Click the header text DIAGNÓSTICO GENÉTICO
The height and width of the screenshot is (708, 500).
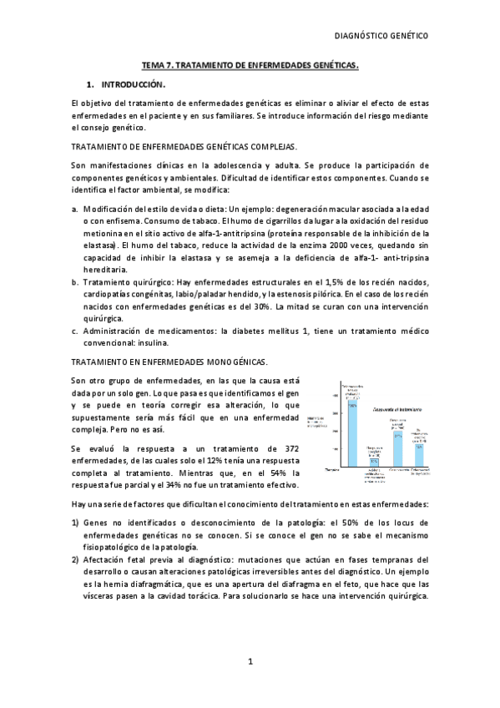pos(381,36)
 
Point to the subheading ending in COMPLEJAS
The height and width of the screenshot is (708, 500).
pos(184,146)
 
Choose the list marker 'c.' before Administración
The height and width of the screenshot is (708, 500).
pos(75,330)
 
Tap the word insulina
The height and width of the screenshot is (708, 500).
pos(154,341)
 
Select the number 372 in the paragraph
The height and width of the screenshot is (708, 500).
pos(285,448)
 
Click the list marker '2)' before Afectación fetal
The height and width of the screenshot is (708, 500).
pos(76,559)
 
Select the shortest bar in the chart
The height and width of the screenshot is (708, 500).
pos(375,462)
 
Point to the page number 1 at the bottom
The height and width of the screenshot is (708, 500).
pos(250,661)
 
